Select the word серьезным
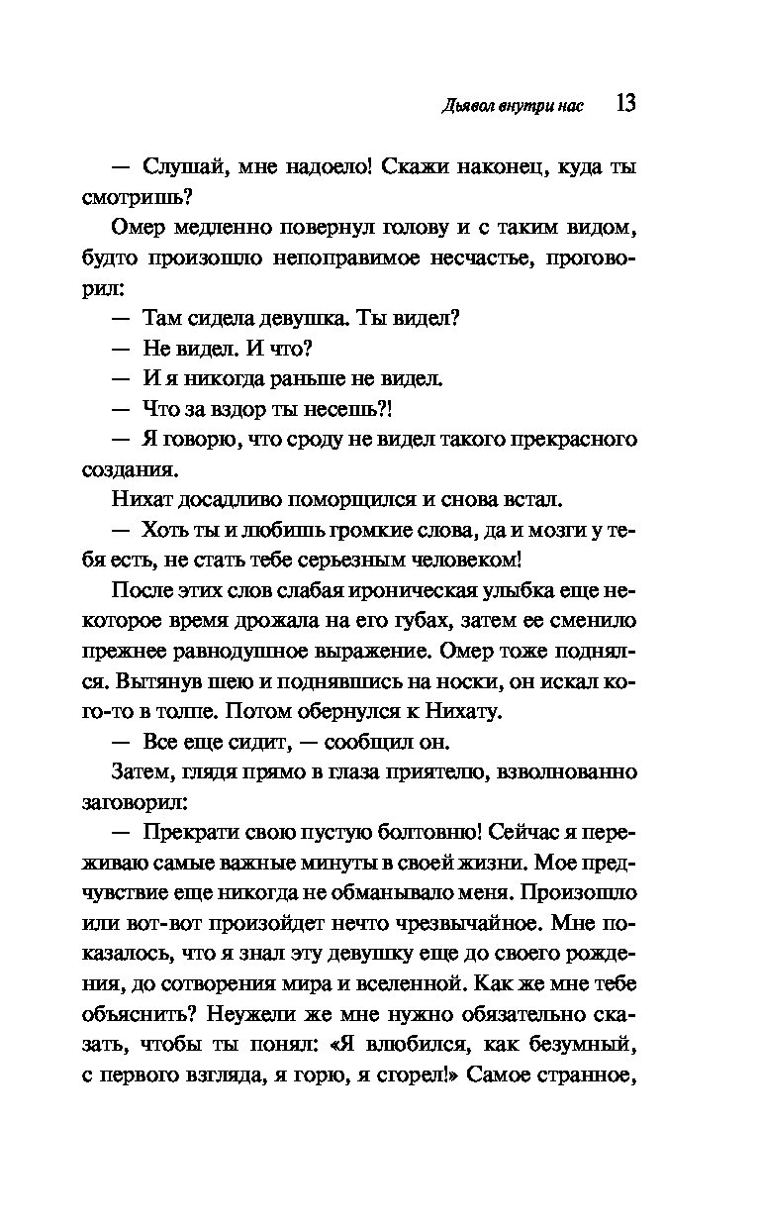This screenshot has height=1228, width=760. (349, 559)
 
